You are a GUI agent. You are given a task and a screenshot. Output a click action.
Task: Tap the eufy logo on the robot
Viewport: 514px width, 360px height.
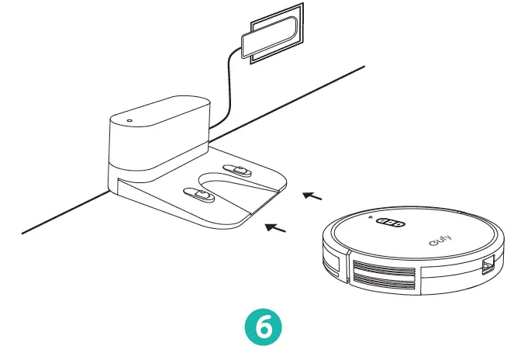[x=440, y=242]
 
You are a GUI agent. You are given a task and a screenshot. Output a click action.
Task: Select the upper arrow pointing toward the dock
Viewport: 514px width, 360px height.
[x=312, y=196]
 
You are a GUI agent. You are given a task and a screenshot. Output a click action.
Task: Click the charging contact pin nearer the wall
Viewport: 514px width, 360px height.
[x=236, y=170]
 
